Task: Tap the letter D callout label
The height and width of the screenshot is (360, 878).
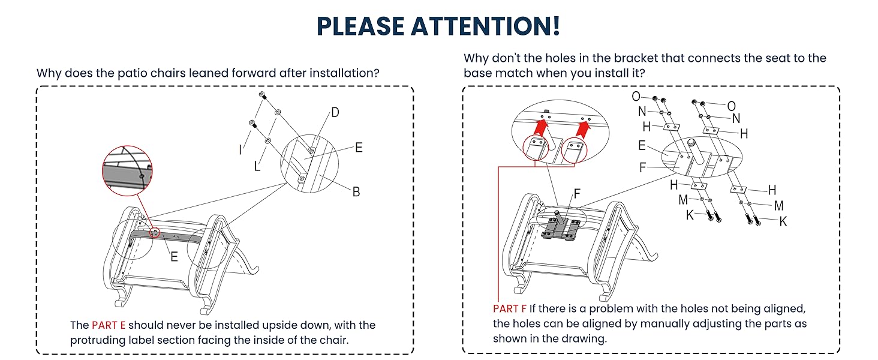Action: (335, 113)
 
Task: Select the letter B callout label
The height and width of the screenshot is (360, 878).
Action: (356, 192)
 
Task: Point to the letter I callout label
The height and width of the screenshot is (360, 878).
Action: (240, 150)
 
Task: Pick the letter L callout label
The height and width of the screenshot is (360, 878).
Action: (257, 166)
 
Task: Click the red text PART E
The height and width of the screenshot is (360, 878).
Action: (109, 325)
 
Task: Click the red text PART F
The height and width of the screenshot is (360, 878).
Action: (510, 308)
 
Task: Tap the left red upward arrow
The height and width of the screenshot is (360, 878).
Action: (540, 127)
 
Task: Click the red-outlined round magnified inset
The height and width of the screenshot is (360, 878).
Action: (127, 170)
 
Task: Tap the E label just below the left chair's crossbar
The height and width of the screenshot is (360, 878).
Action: (174, 257)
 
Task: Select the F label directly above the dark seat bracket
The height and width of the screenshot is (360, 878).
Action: (577, 193)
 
